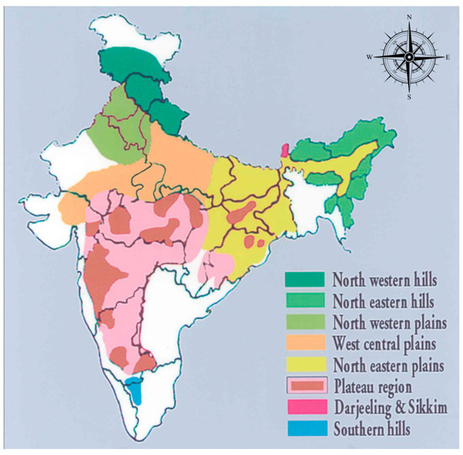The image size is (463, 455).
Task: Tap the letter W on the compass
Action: coord(369,56)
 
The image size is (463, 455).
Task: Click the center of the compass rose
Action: coord(408,56)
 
